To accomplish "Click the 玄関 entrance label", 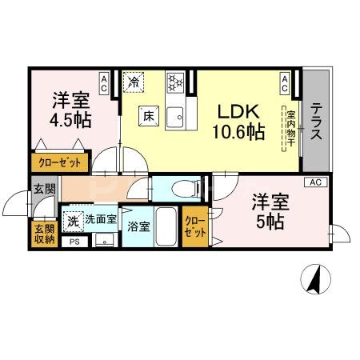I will pos(44,190).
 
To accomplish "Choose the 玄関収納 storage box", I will pos(44,233).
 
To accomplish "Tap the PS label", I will pos(74,242).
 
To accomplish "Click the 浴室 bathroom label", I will pos(138,226).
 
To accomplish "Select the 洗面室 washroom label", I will pos(102,219).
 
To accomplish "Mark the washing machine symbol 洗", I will pos(74,219).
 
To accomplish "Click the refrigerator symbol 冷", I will pos(134,82).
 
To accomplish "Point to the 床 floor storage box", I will pos(149,114).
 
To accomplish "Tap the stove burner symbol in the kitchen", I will pos(176,81).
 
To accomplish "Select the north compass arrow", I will pos(313,279).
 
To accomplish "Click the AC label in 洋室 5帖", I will pos(315,183).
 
